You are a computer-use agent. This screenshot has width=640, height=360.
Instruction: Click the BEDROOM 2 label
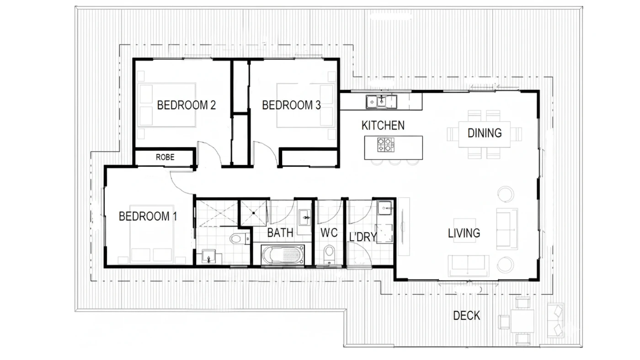187,105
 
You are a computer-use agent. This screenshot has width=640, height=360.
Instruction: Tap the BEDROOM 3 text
292,105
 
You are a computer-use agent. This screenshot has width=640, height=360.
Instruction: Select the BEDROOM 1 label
148,216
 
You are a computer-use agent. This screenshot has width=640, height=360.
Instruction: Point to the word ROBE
165,157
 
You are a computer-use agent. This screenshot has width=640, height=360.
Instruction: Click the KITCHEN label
383,125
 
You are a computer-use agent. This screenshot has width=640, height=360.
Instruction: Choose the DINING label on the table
485,133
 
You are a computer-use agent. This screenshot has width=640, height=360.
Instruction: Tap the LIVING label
464,233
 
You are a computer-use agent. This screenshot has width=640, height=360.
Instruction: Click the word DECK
467,316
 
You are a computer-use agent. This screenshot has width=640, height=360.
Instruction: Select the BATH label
280,233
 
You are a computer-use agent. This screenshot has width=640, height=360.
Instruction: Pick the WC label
329,233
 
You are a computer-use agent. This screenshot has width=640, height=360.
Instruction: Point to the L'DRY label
363,237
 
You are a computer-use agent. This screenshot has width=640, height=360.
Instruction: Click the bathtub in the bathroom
283,255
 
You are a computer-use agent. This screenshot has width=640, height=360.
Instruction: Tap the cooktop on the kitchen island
386,145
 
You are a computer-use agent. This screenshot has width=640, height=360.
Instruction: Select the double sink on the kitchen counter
381,102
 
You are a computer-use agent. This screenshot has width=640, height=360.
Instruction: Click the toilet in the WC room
329,254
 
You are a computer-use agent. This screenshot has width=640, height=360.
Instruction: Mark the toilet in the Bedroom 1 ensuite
240,238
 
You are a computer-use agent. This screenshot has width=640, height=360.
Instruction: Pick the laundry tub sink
384,208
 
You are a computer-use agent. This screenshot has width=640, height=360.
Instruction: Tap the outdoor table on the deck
522,321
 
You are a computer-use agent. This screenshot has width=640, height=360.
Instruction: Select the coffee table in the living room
464,231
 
